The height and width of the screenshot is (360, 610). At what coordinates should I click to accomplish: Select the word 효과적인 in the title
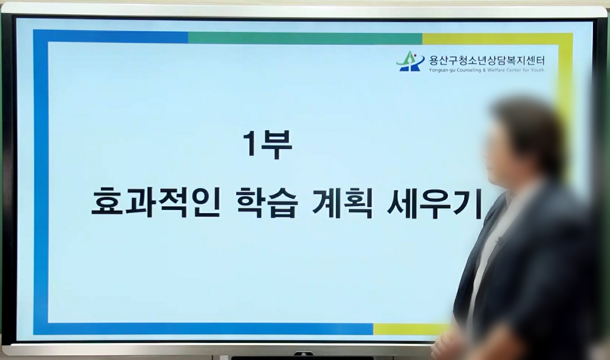(156, 203)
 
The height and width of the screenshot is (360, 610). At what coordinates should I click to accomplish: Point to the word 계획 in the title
(342, 203)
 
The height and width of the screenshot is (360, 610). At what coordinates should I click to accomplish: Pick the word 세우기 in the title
(434, 203)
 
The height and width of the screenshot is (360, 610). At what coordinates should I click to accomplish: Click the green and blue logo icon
(411, 61)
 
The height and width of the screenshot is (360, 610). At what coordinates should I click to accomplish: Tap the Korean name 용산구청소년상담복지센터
(487, 60)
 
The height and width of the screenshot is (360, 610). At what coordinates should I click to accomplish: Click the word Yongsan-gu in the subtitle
(438, 70)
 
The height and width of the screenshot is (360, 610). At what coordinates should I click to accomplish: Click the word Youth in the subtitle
(538, 70)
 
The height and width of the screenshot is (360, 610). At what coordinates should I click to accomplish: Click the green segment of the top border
(305, 38)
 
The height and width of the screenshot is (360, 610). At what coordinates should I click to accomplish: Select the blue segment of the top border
(111, 36)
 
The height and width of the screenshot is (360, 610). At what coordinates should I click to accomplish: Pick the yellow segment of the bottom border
(411, 329)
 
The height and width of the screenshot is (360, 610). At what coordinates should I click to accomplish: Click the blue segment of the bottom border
(203, 329)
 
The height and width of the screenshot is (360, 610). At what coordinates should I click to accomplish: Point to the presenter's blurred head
(523, 142)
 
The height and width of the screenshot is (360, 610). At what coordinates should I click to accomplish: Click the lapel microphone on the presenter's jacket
(499, 241)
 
